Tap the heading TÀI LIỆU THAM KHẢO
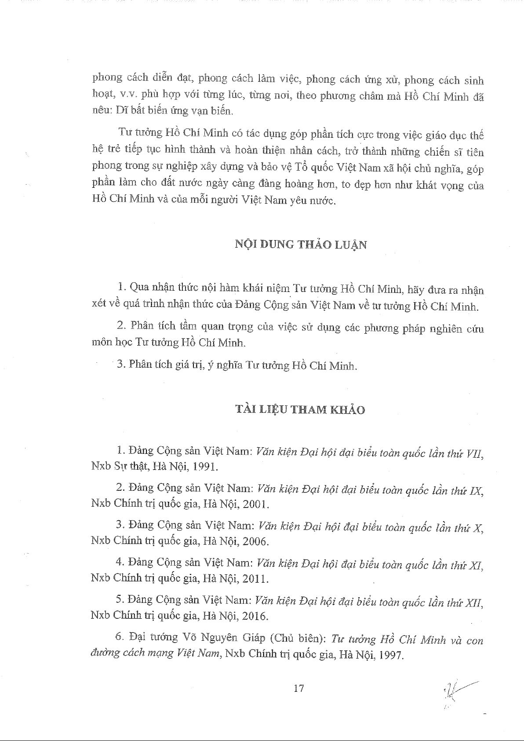[300, 410]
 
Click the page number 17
[298, 689]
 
